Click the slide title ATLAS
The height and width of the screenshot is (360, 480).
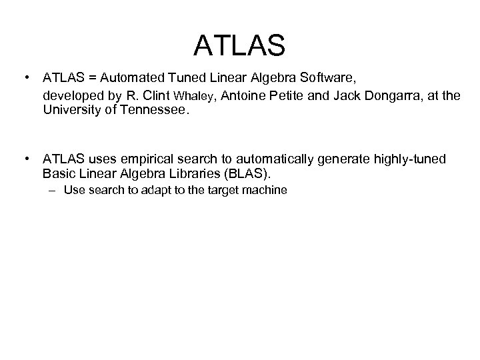239,46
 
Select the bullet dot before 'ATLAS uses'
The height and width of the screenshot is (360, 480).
25,159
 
